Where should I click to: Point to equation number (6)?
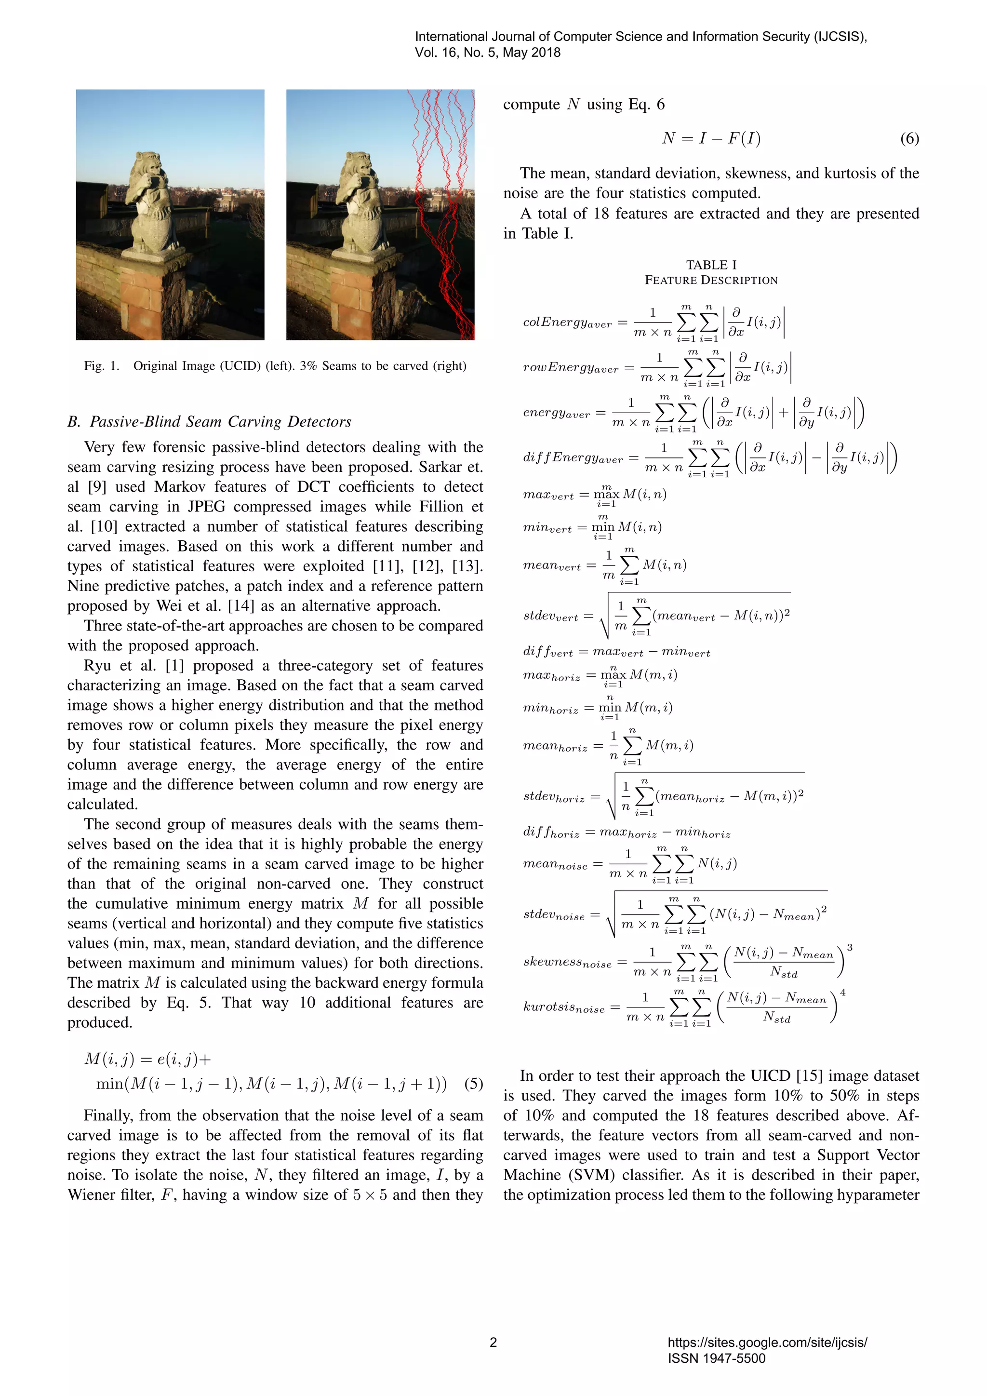[909, 139]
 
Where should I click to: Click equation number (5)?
[473, 1084]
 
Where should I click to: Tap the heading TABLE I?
[711, 265]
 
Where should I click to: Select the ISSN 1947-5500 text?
[716, 1358]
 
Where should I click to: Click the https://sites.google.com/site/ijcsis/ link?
[767, 1342]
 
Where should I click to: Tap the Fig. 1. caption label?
[102, 366]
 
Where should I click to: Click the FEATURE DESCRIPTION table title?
[711, 280]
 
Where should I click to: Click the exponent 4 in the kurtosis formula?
[842, 992]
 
